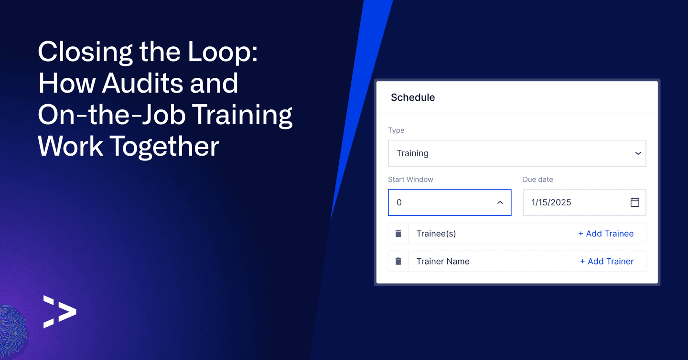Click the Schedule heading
tap(413, 97)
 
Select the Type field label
tap(396, 130)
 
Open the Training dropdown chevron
tap(638, 153)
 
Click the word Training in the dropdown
tap(412, 153)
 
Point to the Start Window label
tap(411, 179)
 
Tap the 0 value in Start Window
tap(399, 202)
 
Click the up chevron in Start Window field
tap(500, 202)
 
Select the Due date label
tap(538, 179)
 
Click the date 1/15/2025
tap(551, 202)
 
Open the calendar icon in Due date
tap(635, 202)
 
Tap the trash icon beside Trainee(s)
tap(398, 233)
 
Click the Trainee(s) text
tap(436, 233)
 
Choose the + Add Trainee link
tap(606, 233)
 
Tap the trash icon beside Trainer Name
tap(398, 261)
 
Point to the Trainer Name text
tap(443, 261)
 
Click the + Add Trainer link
tap(607, 261)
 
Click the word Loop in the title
tap(223, 53)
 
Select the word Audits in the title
tap(142, 83)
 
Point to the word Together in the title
tap(164, 147)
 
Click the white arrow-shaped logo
tap(60, 312)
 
